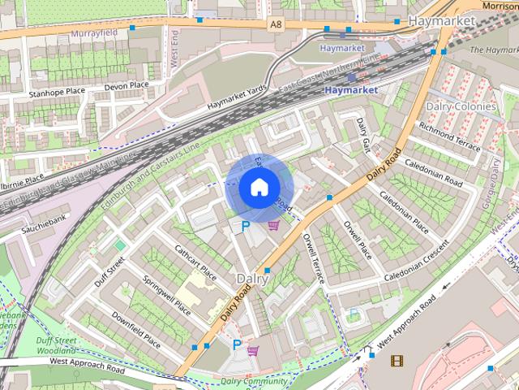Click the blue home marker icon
point(258,187)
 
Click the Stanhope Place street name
point(57,93)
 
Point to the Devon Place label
point(127,85)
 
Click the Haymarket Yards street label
point(236,99)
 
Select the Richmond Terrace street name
point(450,135)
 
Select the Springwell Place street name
point(166,297)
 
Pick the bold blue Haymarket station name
point(351,90)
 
